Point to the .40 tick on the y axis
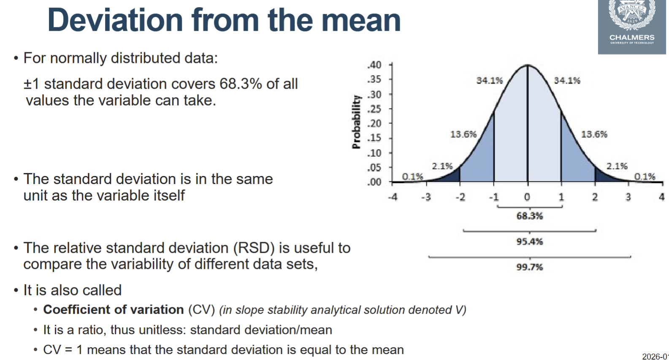[x=375, y=65]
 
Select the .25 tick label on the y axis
[x=375, y=109]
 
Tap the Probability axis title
[x=357, y=122]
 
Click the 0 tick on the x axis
[x=527, y=197]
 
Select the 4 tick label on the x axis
[x=661, y=197]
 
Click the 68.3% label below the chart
[x=529, y=216]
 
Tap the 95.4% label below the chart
[x=529, y=242]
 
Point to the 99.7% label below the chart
[x=529, y=267]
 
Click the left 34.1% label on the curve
[x=490, y=80]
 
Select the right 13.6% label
[x=594, y=134]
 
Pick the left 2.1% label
[x=442, y=166]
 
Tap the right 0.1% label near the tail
[x=645, y=176]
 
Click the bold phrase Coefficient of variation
[x=114, y=310]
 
